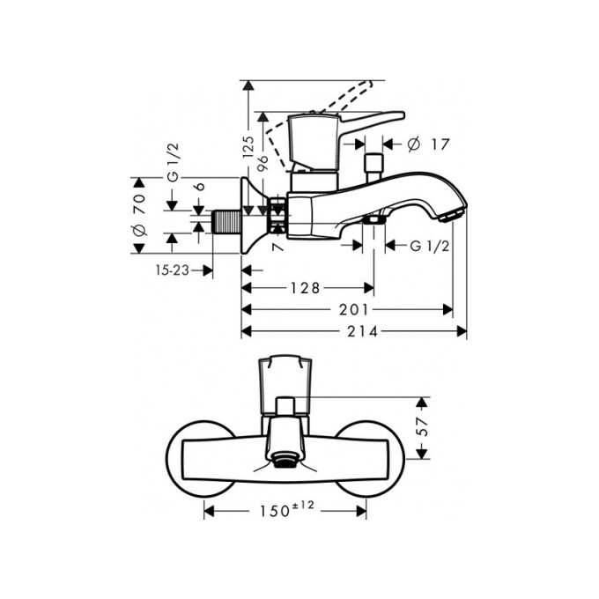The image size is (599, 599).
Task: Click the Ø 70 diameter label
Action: point(137,215)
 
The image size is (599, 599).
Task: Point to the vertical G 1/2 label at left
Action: point(174,189)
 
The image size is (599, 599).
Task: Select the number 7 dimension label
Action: point(277,249)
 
